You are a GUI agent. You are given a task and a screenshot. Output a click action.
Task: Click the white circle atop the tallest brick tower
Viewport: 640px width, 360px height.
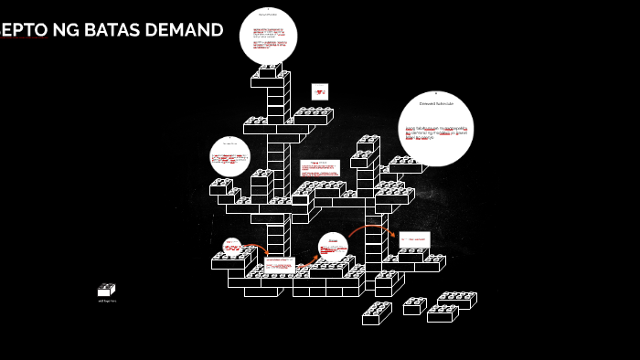coord(268,36)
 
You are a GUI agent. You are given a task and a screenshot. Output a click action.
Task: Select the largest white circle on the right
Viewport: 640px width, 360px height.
coord(435,129)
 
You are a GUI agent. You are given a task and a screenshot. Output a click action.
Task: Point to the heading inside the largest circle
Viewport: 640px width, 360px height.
coord(435,104)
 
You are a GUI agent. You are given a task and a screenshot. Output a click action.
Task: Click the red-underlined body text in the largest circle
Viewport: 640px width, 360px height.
coord(435,132)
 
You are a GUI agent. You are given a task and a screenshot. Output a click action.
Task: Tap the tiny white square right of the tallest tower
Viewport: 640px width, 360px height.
coord(319,91)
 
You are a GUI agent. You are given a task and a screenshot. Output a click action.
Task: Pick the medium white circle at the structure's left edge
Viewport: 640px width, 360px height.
coord(229,156)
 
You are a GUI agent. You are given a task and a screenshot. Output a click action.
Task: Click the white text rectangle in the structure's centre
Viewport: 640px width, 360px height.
coord(320,168)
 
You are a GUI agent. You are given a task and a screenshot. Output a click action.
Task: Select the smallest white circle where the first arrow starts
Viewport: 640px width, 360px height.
coord(231,247)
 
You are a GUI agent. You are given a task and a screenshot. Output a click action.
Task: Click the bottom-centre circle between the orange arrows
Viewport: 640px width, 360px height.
coord(334,247)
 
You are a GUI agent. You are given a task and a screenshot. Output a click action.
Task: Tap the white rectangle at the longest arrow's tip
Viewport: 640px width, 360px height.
coord(413,239)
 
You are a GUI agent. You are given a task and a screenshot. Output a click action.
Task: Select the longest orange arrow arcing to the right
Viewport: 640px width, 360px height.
coord(370,228)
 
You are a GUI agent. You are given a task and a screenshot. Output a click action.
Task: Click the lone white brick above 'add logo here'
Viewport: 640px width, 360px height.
coord(106,290)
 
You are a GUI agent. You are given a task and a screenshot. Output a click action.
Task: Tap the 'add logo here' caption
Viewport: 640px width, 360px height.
coord(106,301)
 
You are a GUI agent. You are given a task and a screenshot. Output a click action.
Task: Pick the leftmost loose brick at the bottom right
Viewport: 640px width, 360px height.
coord(377,313)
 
